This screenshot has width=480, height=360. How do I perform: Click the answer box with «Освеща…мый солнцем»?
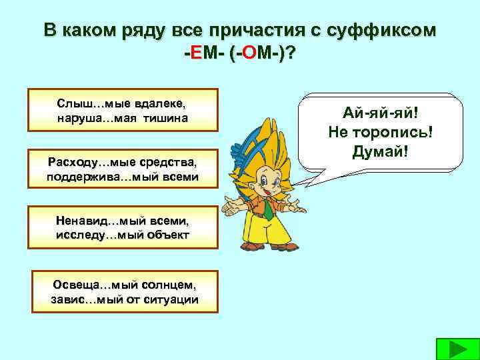pyautogui.click(x=125, y=291)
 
